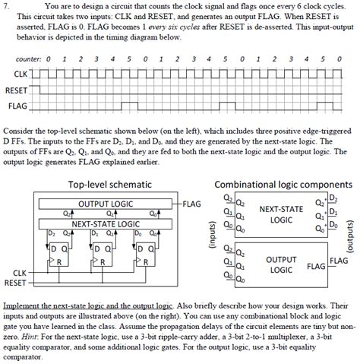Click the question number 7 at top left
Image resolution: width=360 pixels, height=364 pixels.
(x=5, y=6)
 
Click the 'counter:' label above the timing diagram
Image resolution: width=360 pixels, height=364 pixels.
(x=27, y=59)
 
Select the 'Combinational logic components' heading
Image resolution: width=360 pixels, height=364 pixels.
(x=283, y=185)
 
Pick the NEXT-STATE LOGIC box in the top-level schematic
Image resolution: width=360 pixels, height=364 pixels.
(x=106, y=223)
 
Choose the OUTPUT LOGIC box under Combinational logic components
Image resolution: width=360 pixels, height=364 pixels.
(x=282, y=265)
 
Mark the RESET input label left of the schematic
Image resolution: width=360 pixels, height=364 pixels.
(x=14, y=282)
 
